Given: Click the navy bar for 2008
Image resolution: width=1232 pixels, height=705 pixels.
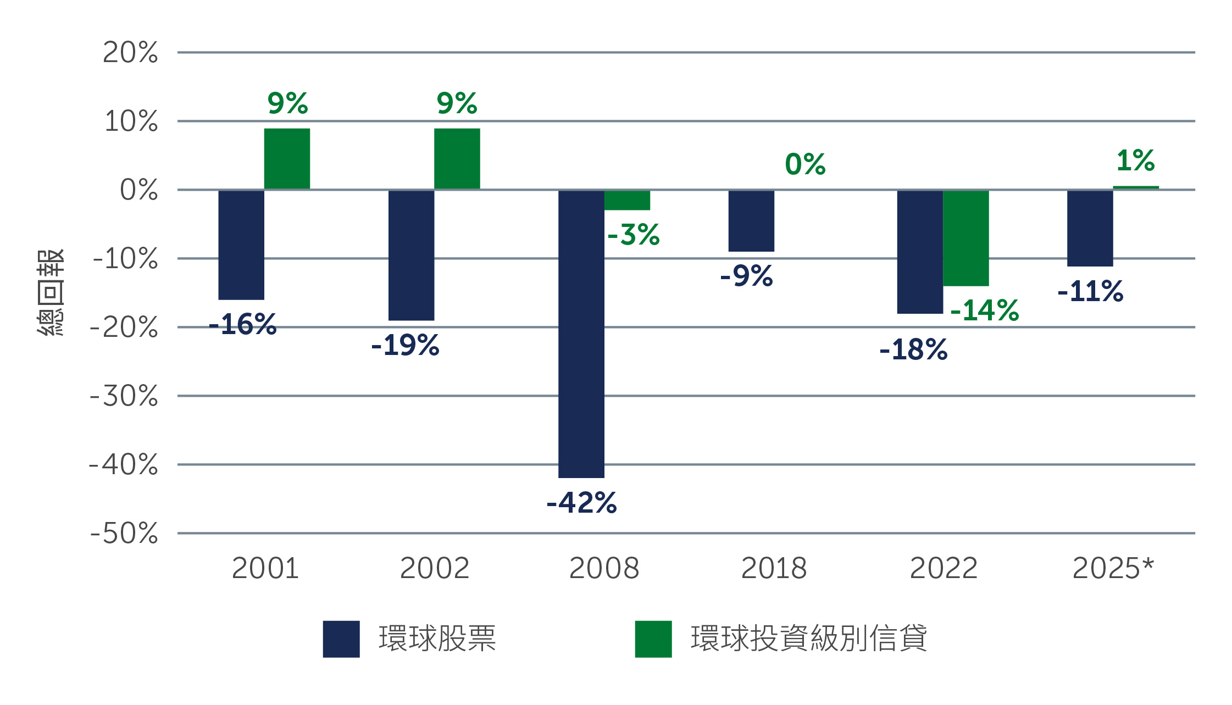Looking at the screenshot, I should point(581,334).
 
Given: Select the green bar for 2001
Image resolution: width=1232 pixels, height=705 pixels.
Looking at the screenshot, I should point(287,159).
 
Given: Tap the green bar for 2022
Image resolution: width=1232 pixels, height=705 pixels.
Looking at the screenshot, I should point(965,238).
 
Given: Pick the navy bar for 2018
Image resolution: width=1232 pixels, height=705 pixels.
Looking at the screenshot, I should point(751,221).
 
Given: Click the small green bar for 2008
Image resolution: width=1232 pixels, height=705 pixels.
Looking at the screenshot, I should point(627,200).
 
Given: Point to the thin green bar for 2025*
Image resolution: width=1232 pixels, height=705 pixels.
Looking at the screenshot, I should point(1136,187).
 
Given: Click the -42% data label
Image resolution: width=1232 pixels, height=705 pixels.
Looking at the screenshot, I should point(581,503).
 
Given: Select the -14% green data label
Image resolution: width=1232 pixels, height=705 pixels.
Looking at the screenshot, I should point(984,310).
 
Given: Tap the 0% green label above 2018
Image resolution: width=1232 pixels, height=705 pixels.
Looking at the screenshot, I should point(805,164).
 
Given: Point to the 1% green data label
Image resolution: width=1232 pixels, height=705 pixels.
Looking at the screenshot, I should point(1135,160).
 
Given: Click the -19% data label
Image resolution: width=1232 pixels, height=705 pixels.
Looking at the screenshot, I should point(405,346).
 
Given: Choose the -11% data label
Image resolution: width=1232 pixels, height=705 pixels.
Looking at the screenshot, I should point(1090,291).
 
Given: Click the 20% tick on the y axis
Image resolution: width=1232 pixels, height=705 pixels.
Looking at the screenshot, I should point(130,53).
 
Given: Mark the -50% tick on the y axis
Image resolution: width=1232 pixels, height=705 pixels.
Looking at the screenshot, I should point(124,533).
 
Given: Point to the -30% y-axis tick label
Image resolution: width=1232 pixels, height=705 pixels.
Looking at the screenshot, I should point(124,396).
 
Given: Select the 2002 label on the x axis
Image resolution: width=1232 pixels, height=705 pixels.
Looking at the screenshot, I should point(434,568).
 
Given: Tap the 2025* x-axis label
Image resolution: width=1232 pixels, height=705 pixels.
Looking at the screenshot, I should point(1113,568).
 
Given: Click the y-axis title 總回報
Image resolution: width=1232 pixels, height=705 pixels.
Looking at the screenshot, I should point(51,292).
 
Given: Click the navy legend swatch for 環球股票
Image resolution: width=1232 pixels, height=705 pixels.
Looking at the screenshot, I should point(341,639).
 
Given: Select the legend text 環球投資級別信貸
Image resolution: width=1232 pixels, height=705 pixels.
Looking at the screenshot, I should point(808,639).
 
